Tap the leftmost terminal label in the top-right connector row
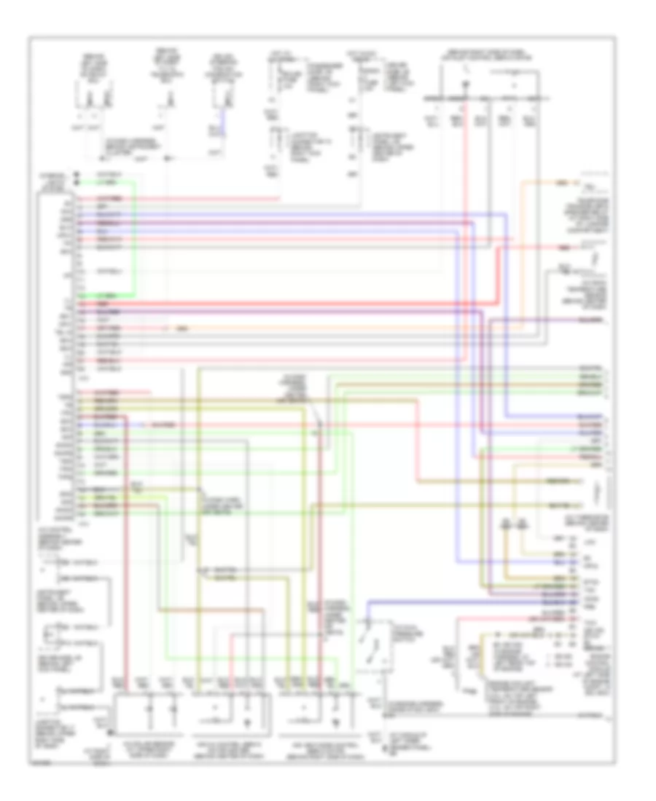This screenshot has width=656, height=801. point(434,98)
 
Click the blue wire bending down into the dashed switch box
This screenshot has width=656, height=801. point(369,609)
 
